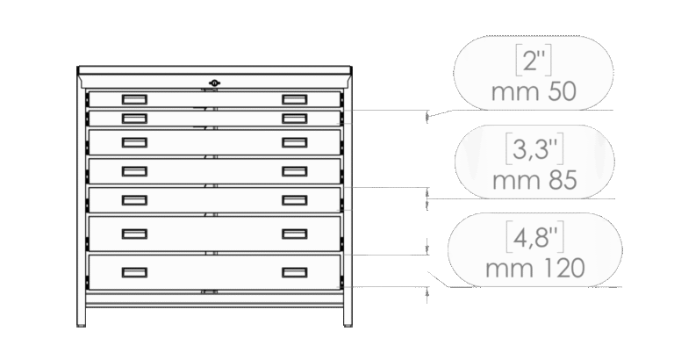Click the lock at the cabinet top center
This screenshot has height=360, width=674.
tap(214, 83)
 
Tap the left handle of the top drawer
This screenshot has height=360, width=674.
tap(134, 98)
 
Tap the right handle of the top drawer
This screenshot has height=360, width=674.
tap(293, 98)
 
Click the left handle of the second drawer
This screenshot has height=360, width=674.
tap(134, 117)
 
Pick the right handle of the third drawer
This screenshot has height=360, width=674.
tap(293, 141)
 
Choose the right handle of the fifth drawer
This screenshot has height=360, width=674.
tap(293, 199)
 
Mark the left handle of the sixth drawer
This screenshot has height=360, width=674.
tap(134, 233)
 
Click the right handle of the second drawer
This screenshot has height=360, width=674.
tap(293, 117)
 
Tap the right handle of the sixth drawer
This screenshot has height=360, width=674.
tap(293, 233)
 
